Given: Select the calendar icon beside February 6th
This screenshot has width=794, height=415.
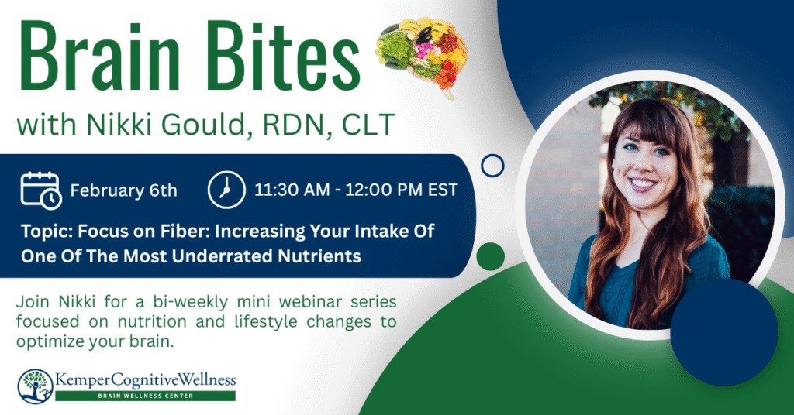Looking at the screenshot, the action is pos(41,190).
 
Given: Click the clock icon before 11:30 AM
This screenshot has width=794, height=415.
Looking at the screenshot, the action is pos(226,190).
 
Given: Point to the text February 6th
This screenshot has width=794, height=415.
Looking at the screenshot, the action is pos(123,190).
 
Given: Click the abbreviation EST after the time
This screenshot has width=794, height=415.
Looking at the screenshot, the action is pos(443,190).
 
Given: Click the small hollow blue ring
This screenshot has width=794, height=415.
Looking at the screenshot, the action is pos(492,166).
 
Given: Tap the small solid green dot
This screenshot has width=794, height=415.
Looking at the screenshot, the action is pos(491,256).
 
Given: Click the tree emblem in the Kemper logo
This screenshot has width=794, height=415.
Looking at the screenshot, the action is pos(35,386).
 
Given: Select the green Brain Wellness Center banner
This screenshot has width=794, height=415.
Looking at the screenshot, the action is pos(145,396).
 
